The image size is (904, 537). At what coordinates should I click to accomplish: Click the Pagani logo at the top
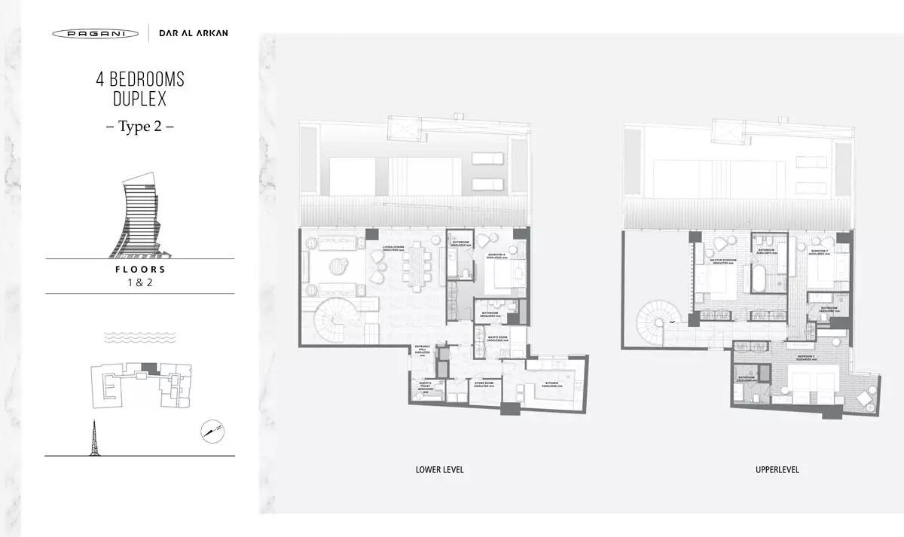click(x=96, y=33)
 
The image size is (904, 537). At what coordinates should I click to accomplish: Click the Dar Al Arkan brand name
click(x=194, y=33)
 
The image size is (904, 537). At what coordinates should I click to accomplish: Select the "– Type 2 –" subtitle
click(x=139, y=127)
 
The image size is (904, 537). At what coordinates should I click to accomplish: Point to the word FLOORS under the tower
click(x=139, y=269)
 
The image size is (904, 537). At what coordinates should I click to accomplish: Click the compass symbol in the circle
click(x=212, y=431)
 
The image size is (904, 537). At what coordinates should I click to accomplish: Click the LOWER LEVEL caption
click(x=439, y=470)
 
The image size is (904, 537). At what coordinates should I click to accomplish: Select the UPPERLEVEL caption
click(x=777, y=470)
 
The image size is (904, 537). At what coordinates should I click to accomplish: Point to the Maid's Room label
click(x=495, y=338)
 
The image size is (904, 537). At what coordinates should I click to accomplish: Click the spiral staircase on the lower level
click(x=326, y=319)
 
